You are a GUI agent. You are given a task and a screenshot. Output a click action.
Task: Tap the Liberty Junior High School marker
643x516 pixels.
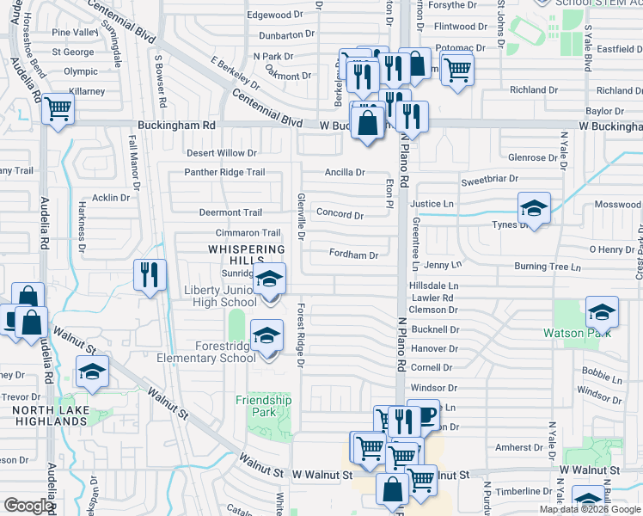[x=269, y=279]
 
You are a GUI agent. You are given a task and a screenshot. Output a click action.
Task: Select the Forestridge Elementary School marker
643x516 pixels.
[x=266, y=335]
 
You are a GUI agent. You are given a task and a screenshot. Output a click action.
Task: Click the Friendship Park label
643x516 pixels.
[x=264, y=406]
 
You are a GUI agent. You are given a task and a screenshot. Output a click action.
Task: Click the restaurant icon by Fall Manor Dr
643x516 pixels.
[x=150, y=275]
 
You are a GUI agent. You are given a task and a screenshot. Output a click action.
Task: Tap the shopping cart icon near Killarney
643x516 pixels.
[x=58, y=109]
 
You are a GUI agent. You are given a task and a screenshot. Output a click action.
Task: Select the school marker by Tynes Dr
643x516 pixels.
[x=534, y=208]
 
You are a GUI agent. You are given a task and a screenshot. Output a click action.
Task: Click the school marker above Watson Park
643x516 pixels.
[x=602, y=311]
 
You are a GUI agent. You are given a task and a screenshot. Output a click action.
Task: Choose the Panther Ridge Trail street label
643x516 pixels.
[x=224, y=172]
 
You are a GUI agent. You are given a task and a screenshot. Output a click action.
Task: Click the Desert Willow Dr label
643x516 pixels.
[x=222, y=153]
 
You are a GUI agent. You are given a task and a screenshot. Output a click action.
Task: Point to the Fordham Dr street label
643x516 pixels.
[x=353, y=255]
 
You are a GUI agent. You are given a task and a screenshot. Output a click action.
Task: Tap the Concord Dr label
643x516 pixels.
[x=340, y=213]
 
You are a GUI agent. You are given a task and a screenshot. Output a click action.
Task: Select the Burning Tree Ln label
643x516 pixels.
[x=548, y=267]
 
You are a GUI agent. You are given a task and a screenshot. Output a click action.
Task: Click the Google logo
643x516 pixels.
[x=28, y=506]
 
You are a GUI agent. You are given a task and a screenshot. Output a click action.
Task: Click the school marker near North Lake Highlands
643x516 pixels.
[x=92, y=372]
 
